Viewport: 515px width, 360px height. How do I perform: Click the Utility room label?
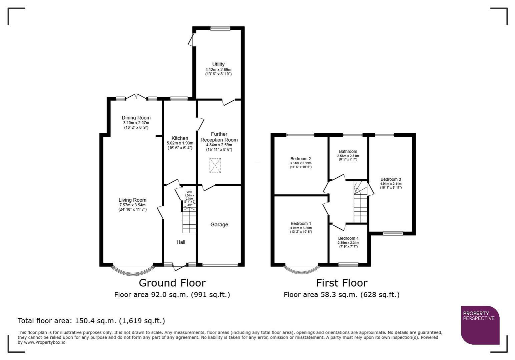point(218,64)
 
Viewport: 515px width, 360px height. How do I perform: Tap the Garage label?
point(219,225)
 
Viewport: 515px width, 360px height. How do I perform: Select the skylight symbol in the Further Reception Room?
point(215,166)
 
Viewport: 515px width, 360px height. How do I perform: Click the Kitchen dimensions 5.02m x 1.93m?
point(180,143)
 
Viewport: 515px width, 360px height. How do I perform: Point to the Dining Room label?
point(136,118)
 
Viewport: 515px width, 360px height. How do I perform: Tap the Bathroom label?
point(348,151)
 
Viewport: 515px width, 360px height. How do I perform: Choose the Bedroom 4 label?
point(348,238)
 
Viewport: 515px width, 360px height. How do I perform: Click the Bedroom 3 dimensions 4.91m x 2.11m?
point(391,184)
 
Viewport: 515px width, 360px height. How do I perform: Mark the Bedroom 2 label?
point(301,159)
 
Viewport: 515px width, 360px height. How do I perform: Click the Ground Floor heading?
point(172,283)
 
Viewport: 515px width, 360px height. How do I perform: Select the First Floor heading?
point(342,283)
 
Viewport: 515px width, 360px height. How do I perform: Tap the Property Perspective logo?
point(480,325)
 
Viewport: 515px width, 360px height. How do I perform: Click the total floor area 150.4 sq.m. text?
point(91,321)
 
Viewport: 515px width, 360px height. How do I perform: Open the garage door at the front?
point(220,265)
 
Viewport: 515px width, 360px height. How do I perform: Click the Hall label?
point(181,242)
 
